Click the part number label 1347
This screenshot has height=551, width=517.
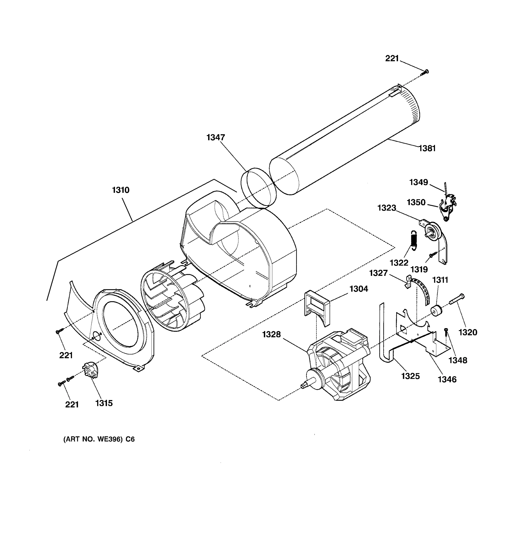[x=216, y=137]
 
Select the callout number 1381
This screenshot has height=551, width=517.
[x=427, y=148]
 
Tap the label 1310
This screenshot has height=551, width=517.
[x=121, y=190]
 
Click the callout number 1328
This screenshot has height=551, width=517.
[x=272, y=335]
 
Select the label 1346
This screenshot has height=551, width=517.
[x=447, y=379]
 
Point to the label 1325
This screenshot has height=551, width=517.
[x=410, y=376]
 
